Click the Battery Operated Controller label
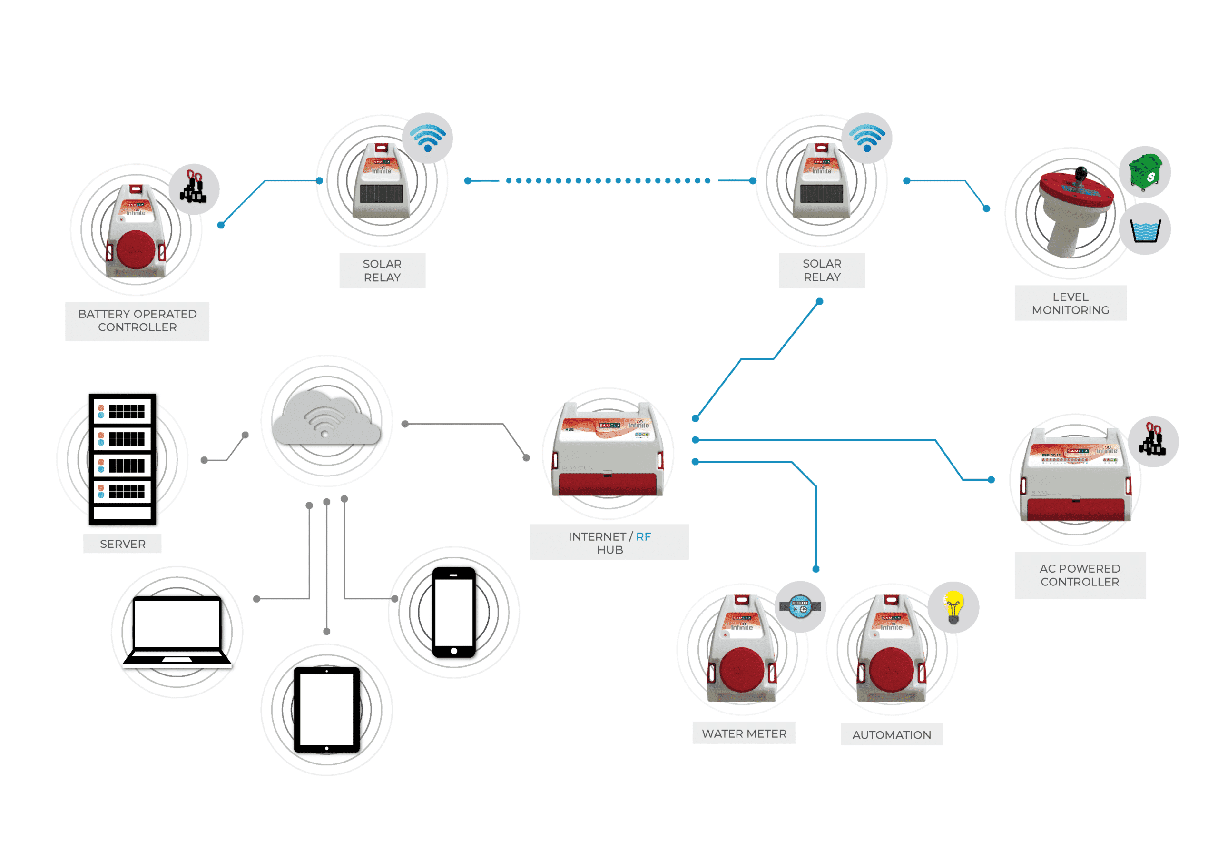tap(138, 321)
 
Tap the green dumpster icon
tap(1145, 172)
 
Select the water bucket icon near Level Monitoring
tap(1145, 230)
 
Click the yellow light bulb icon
tap(953, 607)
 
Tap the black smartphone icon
tap(453, 612)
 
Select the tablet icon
tap(327, 710)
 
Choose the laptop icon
tap(177, 631)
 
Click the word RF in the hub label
tap(643, 536)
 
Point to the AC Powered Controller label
tap(1080, 575)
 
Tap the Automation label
tap(891, 734)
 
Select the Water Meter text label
tap(744, 733)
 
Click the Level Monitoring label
tap(1070, 303)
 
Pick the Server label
tap(123, 544)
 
